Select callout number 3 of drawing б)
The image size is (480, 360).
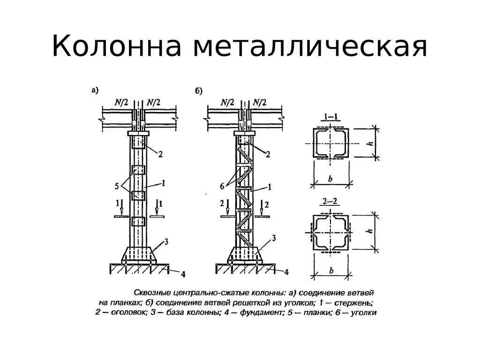point(274,238)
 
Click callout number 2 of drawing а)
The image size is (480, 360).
point(160,154)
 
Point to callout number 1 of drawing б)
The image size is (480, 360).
point(270,187)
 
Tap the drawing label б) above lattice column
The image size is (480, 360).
point(198,91)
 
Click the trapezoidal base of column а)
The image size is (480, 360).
point(139,253)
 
